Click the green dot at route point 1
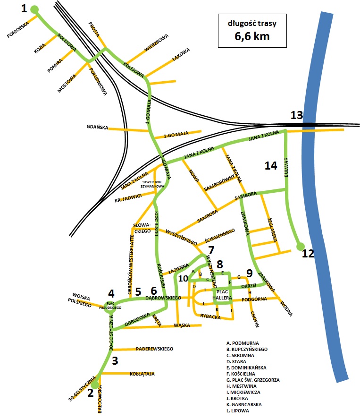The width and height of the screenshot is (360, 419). pyautogui.click(x=34, y=9)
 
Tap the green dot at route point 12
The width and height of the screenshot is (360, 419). pyautogui.click(x=300, y=246)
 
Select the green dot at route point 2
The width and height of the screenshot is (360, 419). pyautogui.click(x=95, y=385)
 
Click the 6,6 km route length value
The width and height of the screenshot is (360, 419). pyautogui.click(x=252, y=36)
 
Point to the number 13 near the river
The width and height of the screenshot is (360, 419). pyautogui.click(x=296, y=115)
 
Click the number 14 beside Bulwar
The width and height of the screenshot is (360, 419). pyautogui.click(x=270, y=165)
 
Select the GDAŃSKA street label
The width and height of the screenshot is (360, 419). pyautogui.click(x=98, y=128)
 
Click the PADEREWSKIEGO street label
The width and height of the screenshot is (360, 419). pyautogui.click(x=154, y=349)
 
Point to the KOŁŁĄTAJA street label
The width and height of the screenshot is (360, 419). pyautogui.click(x=142, y=374)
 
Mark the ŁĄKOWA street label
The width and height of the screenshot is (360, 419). pyautogui.click(x=181, y=53)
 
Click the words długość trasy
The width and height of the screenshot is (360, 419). pyautogui.click(x=252, y=23)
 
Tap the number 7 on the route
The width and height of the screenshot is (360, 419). pyautogui.click(x=211, y=249)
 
